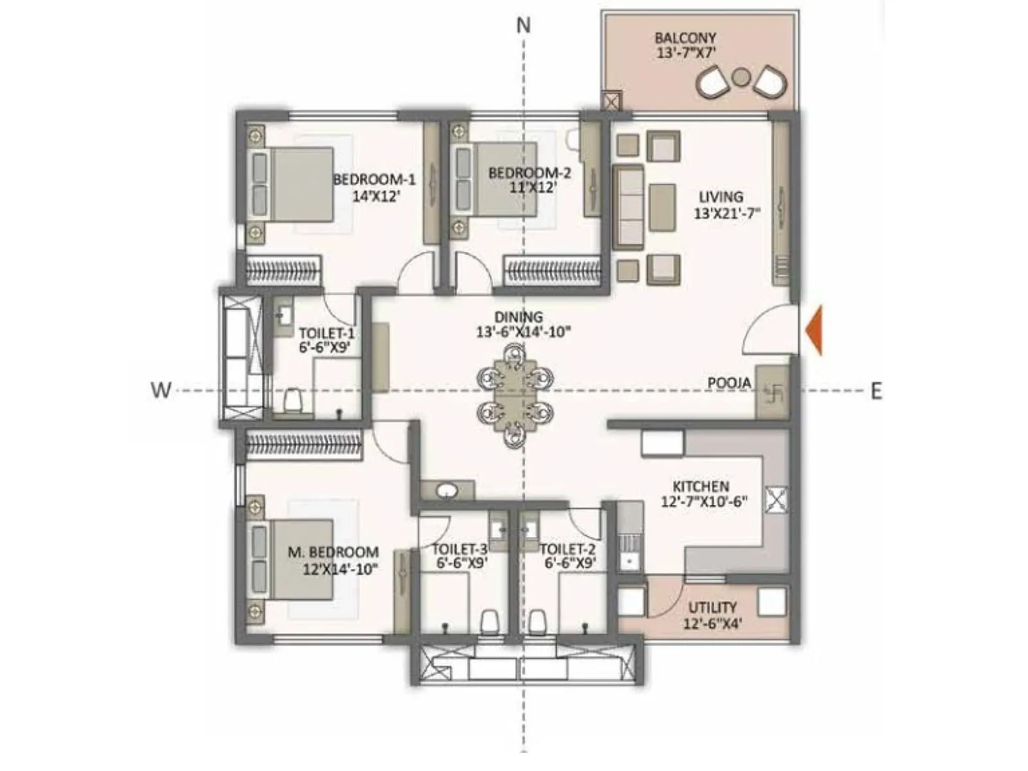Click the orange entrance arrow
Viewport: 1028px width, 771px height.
pyautogui.click(x=814, y=331)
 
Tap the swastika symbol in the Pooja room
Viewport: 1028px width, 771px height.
pyautogui.click(x=772, y=391)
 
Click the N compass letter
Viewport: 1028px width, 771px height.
pyautogui.click(x=524, y=25)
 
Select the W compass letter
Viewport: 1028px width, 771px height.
pyautogui.click(x=161, y=390)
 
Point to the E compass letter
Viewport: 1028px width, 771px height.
pyautogui.click(x=876, y=391)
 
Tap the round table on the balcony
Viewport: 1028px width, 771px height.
pyautogui.click(x=741, y=77)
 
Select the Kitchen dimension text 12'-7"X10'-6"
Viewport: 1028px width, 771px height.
pyautogui.click(x=704, y=502)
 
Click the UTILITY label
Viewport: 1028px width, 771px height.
pyautogui.click(x=713, y=607)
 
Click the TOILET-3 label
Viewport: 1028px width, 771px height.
pyautogui.click(x=459, y=549)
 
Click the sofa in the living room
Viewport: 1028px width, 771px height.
pyautogui.click(x=628, y=207)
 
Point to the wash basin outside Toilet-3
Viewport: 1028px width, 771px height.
pyautogui.click(x=447, y=492)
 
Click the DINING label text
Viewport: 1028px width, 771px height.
pyautogui.click(x=518, y=317)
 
